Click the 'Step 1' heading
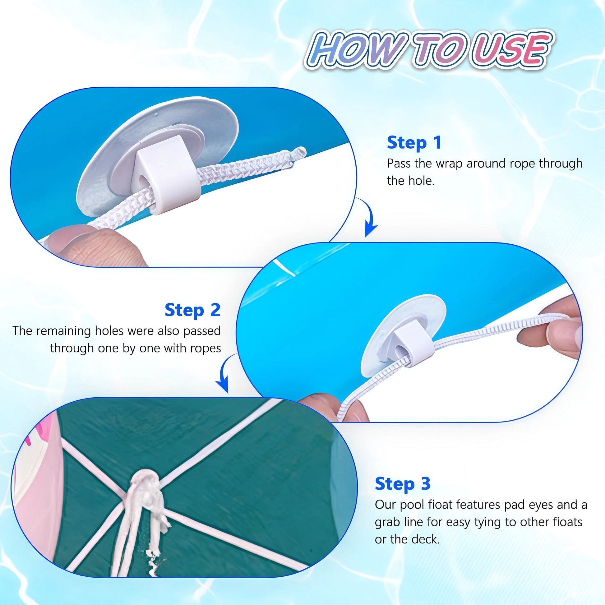tap(414, 143)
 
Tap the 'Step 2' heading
tap(192, 310)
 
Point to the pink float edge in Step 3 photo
tap(41, 470)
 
